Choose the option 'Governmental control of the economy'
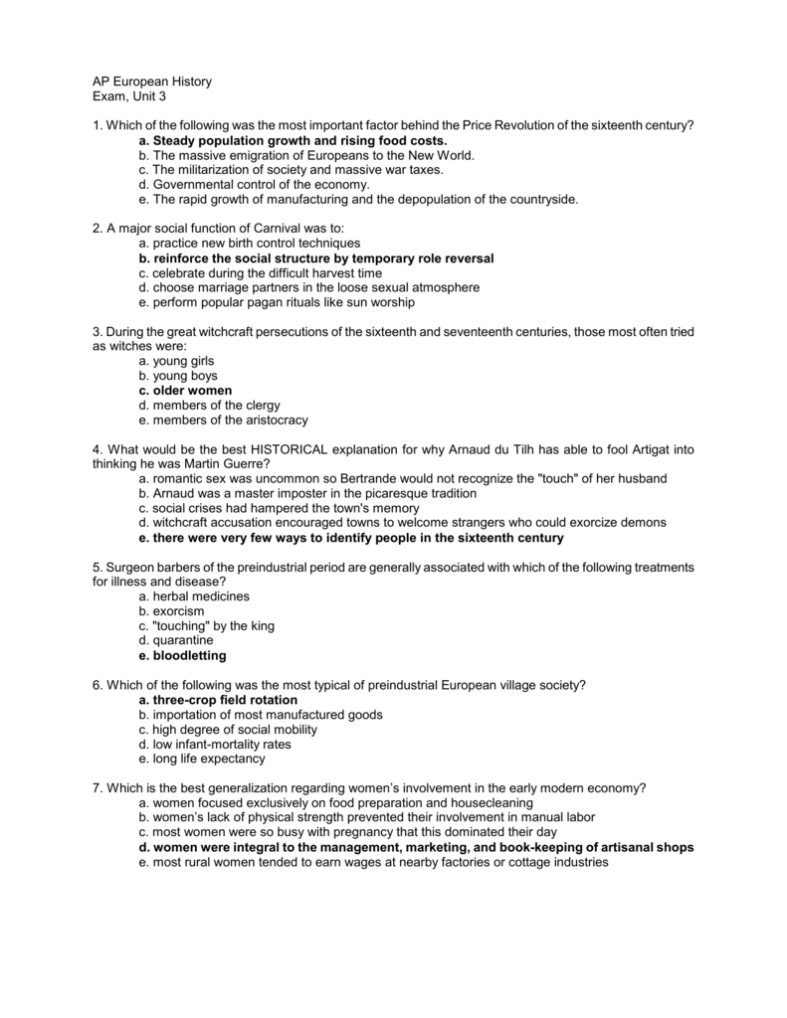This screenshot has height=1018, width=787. pyautogui.click(x=254, y=184)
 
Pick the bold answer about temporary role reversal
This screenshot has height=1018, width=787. pyautogui.click(x=316, y=257)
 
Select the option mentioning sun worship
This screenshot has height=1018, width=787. pyautogui.click(x=277, y=302)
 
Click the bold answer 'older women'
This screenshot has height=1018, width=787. pyautogui.click(x=185, y=391)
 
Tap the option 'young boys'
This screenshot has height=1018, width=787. pyautogui.click(x=177, y=376)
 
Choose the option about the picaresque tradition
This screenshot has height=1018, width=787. pyautogui.click(x=307, y=493)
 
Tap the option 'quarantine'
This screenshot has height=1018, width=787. pyautogui.click(x=176, y=640)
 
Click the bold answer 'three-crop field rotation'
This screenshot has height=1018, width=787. pyautogui.click(x=218, y=700)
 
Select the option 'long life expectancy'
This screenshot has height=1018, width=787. pyautogui.click(x=202, y=759)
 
